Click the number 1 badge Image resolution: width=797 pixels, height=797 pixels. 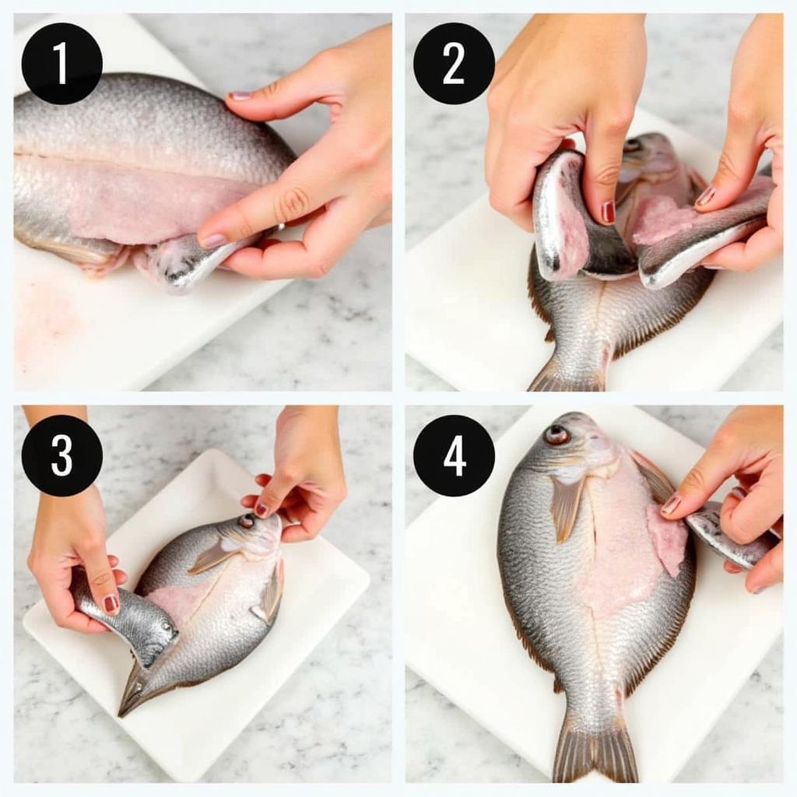(62, 64)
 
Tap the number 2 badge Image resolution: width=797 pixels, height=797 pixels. (454, 64)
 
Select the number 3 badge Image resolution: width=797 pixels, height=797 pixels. (62, 455)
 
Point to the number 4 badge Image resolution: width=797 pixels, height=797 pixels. (454, 455)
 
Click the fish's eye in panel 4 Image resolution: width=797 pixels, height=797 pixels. (556, 434)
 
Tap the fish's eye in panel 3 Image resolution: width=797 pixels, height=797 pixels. (247, 521)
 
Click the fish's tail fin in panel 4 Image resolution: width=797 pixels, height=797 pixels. (595, 750)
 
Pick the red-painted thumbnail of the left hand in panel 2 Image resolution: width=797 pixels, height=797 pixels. (608, 212)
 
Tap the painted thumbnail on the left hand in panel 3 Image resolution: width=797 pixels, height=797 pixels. (111, 604)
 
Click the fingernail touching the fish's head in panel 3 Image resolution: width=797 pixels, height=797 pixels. (262, 509)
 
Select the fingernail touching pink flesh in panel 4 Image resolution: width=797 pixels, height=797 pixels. (672, 504)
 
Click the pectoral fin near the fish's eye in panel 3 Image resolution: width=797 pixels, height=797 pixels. (209, 556)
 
